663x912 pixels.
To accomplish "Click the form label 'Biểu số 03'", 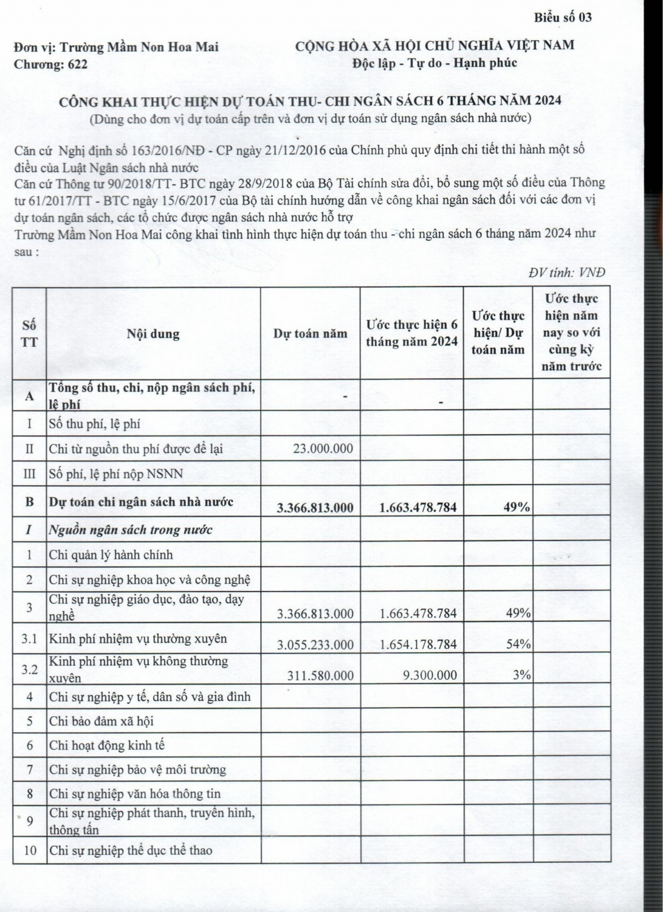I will pyautogui.click(x=563, y=17).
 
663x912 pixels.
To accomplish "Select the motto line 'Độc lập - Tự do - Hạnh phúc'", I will pyautogui.click(x=435, y=63).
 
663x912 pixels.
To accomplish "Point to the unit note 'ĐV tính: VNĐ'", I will pyautogui.click(x=567, y=273).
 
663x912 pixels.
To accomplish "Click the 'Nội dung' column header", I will pyautogui.click(x=153, y=333).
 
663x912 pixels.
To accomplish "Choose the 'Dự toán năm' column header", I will pyautogui.click(x=310, y=333).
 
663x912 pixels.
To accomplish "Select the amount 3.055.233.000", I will pyautogui.click(x=315, y=644).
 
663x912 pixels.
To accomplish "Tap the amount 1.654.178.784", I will pyautogui.click(x=418, y=644).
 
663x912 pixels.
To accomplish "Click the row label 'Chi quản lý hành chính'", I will pyautogui.click(x=111, y=554).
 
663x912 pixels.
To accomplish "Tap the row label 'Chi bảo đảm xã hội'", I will pyautogui.click(x=101, y=721).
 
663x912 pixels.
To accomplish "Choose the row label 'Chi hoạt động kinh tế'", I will pyautogui.click(x=107, y=745).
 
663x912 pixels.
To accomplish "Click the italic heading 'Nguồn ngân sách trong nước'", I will pyautogui.click(x=131, y=530).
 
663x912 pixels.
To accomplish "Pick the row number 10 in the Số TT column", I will pyautogui.click(x=30, y=850).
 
